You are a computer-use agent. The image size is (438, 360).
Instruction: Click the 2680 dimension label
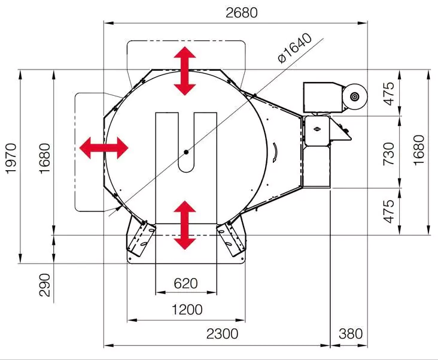coord(242,13)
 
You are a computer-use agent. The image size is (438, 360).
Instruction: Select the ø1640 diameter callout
coord(294,48)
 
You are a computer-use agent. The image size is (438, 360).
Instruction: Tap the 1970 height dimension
coord(11,158)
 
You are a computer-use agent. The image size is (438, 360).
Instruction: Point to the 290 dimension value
coord(45,285)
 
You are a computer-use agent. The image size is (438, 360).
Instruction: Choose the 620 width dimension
coord(185,283)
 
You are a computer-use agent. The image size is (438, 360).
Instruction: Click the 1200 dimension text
coord(187,310)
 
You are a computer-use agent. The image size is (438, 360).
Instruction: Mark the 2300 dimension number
coord(223,334)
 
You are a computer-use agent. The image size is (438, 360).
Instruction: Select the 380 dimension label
coord(351,334)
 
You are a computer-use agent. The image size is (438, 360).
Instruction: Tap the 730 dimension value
coord(388,154)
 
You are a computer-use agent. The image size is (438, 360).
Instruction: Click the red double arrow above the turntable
coord(185,71)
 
